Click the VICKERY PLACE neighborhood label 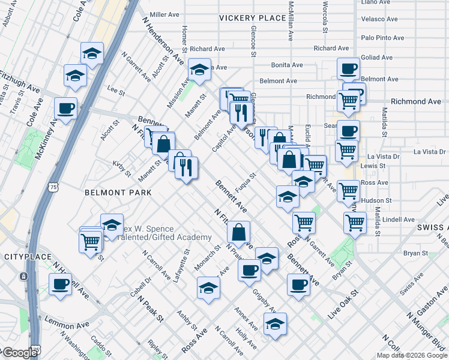coord(252,18)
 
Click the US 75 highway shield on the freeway coord(55,187)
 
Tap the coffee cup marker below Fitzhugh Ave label coord(65,109)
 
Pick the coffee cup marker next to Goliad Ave coord(348,69)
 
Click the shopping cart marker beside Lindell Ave coord(355,223)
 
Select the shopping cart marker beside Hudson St coord(349,191)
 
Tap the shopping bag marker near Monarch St coord(239,232)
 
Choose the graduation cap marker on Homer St coord(199,70)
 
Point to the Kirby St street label coord(122,169)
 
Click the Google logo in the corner coord(19,353)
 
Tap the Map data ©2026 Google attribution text coord(411,355)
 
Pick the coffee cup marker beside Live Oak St coord(298,285)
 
